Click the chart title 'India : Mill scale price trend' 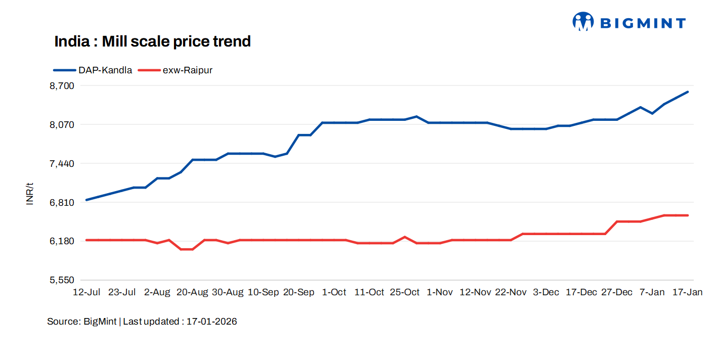click(x=152, y=41)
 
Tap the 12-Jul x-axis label click(x=86, y=292)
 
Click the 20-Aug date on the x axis click(x=192, y=292)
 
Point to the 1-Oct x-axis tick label click(x=334, y=292)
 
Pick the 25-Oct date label click(x=405, y=292)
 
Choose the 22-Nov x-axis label click(x=511, y=292)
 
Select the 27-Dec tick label click(x=617, y=292)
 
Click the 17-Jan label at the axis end click(x=687, y=292)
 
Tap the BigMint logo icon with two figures click(x=582, y=22)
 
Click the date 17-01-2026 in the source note click(x=211, y=322)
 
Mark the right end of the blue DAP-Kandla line click(x=688, y=92)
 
